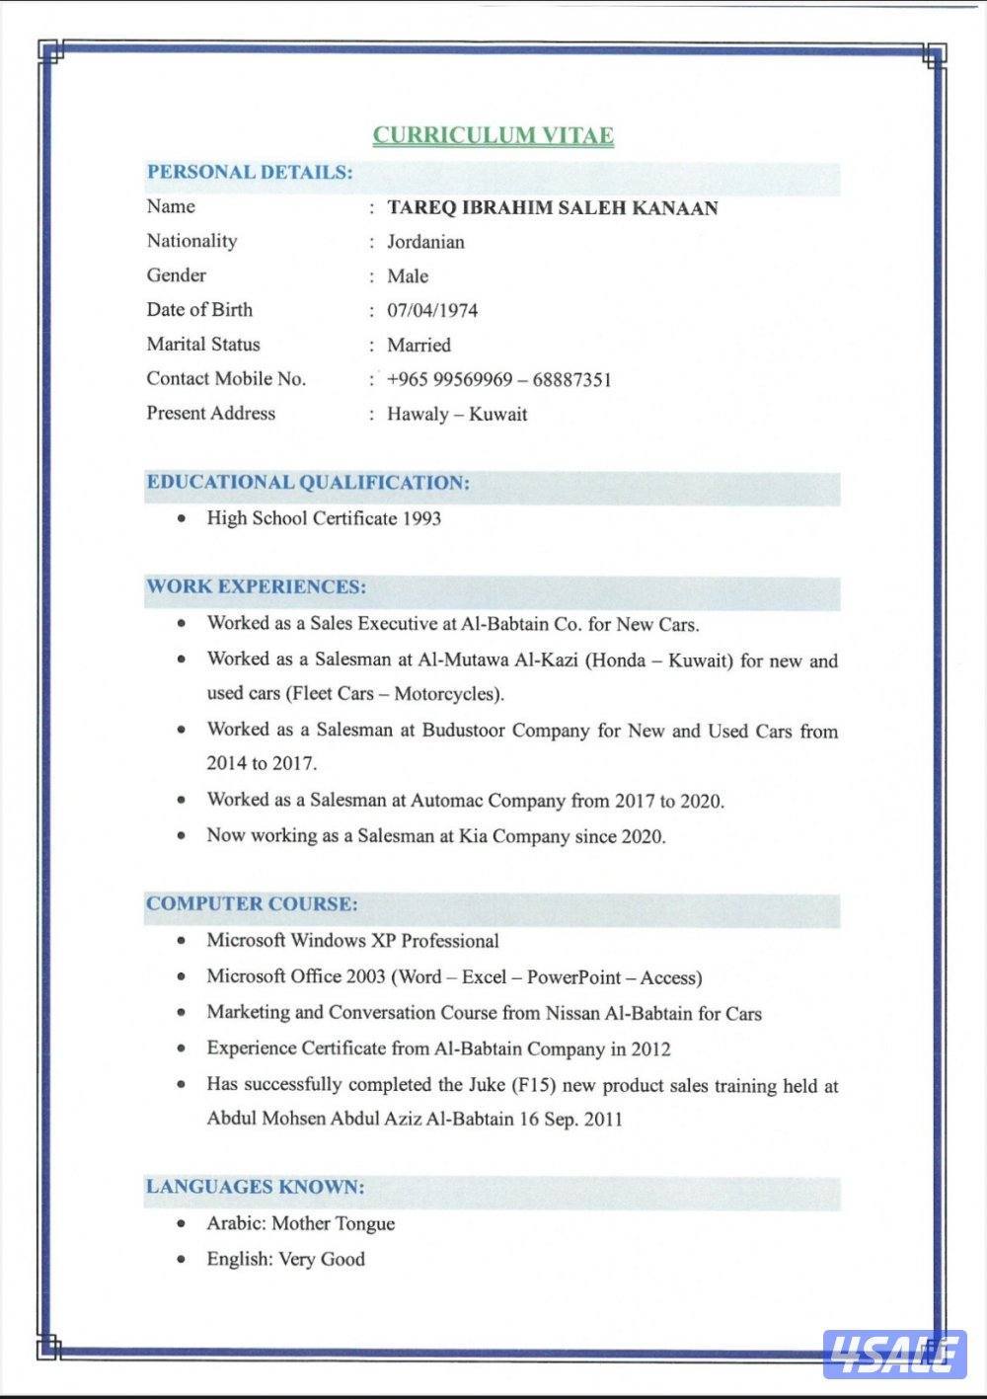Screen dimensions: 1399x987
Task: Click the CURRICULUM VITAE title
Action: pos(493,135)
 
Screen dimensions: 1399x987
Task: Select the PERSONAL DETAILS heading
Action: pos(249,172)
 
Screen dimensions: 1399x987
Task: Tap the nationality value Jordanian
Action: pos(425,242)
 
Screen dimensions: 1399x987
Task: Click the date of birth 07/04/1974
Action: pos(432,311)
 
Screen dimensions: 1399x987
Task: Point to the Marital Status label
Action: pos(203,345)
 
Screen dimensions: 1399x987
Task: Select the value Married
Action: pos(418,346)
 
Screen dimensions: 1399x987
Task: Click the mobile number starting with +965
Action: pos(498,380)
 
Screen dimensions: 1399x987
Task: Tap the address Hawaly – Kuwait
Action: pos(457,415)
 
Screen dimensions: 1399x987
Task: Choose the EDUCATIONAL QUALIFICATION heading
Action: pos(308,483)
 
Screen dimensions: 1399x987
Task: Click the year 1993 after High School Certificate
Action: pos(421,518)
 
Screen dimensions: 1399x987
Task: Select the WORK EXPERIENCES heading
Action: pos(256,586)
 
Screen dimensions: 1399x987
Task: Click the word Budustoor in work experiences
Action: pos(463,731)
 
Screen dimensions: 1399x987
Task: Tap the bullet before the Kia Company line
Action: pos(181,836)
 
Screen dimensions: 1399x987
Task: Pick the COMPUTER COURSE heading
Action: pos(252,904)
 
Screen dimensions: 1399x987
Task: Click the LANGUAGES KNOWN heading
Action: pos(255,1187)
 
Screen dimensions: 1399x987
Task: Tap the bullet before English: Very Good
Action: pos(181,1260)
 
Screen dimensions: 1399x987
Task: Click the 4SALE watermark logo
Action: pos(893,1354)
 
